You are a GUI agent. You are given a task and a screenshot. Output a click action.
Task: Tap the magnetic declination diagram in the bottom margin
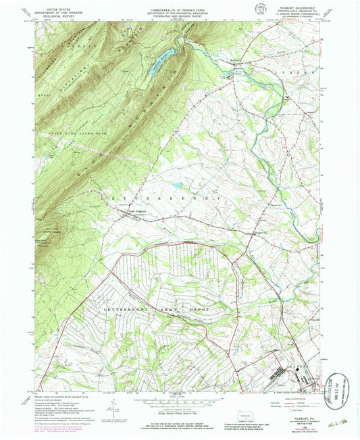pos(111,409)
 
